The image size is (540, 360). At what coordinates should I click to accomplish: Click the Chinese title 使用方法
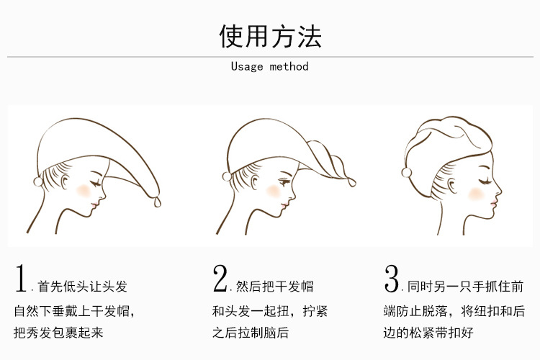pos(270,34)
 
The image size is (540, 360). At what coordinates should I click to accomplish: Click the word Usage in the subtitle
pos(247,66)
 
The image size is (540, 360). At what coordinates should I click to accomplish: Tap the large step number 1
pos(22,279)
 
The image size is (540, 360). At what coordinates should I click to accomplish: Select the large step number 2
pos(220,279)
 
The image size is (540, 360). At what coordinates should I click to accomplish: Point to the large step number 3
pos(392,279)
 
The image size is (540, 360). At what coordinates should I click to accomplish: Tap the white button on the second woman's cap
pos(226,174)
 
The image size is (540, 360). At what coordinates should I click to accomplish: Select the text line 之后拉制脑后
pos(251,333)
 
